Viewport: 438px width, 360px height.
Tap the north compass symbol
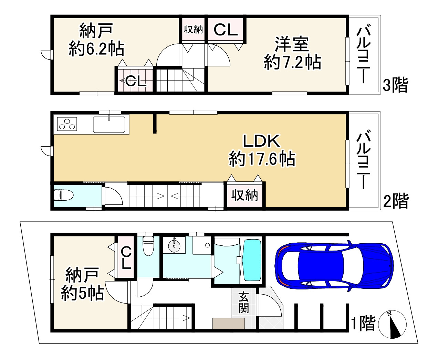coord(392,324)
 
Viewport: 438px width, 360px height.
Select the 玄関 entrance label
coord(243,303)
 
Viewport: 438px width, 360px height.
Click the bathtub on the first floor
coord(252,260)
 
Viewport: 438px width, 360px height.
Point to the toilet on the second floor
coord(63,195)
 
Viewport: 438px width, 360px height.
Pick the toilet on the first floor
coord(148,245)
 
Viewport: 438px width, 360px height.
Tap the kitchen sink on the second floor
coord(109,124)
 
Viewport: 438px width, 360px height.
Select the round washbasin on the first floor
coord(175,246)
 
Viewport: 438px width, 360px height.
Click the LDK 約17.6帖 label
coord(262,150)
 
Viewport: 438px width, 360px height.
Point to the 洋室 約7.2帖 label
coord(292,53)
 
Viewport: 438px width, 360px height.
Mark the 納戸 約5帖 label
coord(82,284)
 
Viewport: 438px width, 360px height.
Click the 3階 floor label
coord(395,85)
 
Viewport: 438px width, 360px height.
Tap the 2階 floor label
coord(396,201)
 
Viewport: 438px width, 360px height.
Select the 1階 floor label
coord(363,324)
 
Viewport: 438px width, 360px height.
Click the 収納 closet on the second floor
coord(244,195)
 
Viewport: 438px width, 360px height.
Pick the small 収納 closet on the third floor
coord(193,30)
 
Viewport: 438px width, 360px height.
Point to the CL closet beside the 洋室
coord(226,30)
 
